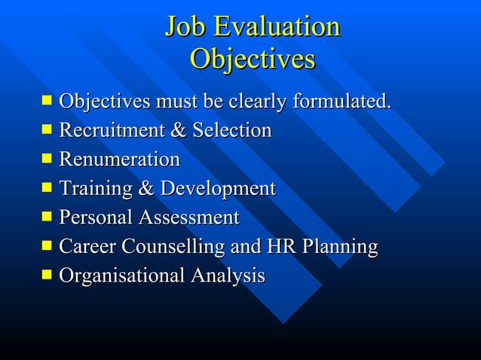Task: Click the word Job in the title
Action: (x=185, y=28)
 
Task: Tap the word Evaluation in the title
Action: (x=277, y=28)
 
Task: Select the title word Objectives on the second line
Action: (x=253, y=59)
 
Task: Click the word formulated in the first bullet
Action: (x=342, y=101)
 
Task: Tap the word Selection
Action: (x=231, y=130)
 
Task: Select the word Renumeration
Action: (x=119, y=160)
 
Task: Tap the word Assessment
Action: (x=188, y=218)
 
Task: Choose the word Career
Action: (x=87, y=247)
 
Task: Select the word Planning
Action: (x=339, y=248)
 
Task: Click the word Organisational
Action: (x=121, y=276)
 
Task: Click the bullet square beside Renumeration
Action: (x=47, y=158)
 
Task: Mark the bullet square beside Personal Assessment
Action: (x=47, y=217)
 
